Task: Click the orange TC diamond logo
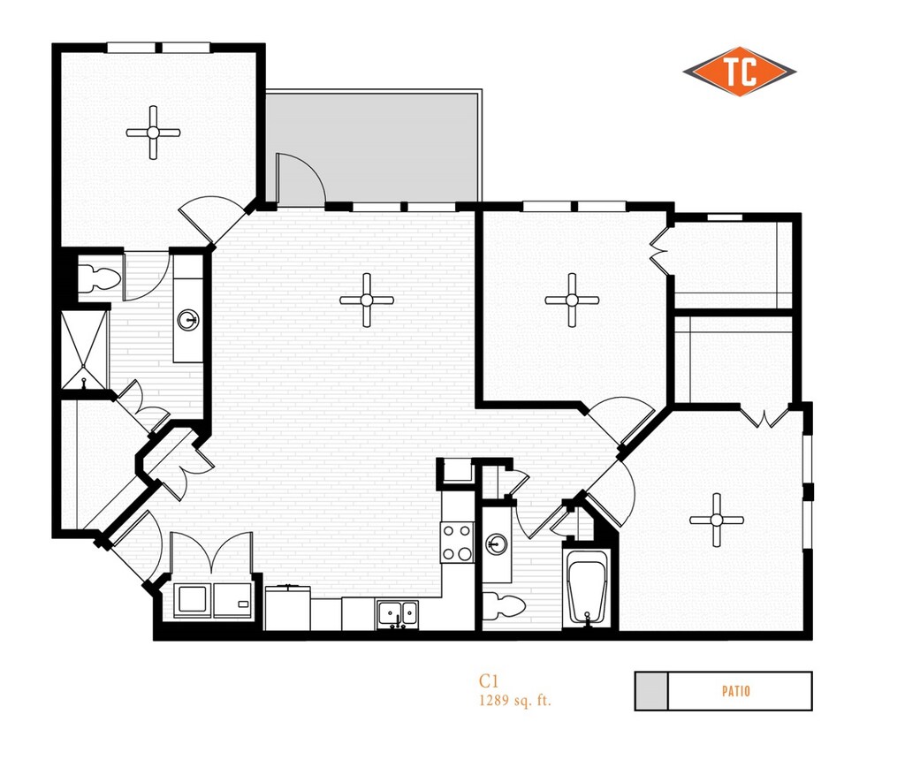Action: [739, 72]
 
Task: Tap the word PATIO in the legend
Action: [735, 691]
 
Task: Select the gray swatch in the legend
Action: [651, 691]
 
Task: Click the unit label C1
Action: [490, 680]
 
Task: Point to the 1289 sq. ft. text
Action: [515, 700]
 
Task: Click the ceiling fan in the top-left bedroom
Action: [153, 133]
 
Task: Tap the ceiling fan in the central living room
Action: [366, 300]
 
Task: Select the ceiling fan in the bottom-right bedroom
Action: [717, 520]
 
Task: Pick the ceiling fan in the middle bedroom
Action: [572, 300]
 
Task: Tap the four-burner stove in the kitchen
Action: [458, 542]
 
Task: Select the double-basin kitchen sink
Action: [397, 612]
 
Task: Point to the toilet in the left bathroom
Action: [98, 278]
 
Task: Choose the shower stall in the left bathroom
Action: [84, 349]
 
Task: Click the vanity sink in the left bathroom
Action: [187, 319]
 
